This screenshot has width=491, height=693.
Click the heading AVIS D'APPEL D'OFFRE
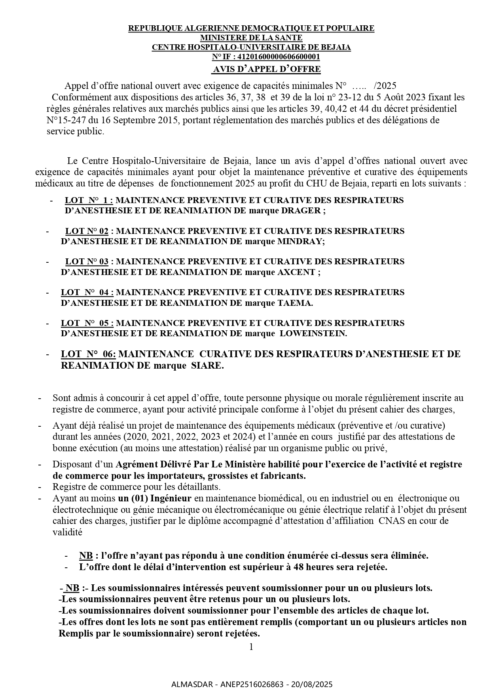point(267,69)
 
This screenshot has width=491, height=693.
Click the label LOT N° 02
point(87,231)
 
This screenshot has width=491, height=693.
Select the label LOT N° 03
point(87,262)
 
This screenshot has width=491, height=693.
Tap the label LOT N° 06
point(88,354)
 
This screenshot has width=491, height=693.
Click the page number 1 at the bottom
point(251,647)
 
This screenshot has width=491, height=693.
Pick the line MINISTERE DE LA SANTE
point(251,38)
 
